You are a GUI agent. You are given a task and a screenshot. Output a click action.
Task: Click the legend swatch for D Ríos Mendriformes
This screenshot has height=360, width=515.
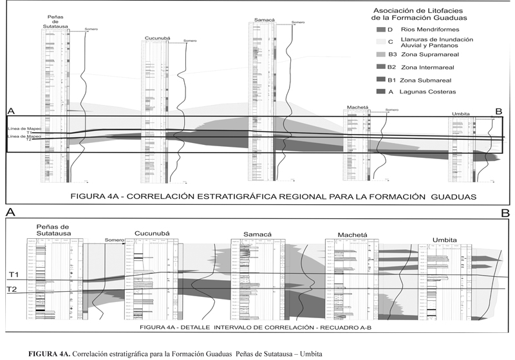tap(380, 30)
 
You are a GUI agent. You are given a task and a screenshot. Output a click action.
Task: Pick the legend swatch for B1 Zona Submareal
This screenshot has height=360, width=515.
tap(380, 80)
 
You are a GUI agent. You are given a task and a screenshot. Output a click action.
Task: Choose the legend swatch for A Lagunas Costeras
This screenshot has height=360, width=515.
tap(380, 92)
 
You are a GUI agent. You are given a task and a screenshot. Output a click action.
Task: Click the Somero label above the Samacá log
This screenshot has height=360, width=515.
tap(297, 23)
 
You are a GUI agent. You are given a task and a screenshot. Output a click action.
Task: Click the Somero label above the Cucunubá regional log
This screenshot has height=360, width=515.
tap(190, 41)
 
